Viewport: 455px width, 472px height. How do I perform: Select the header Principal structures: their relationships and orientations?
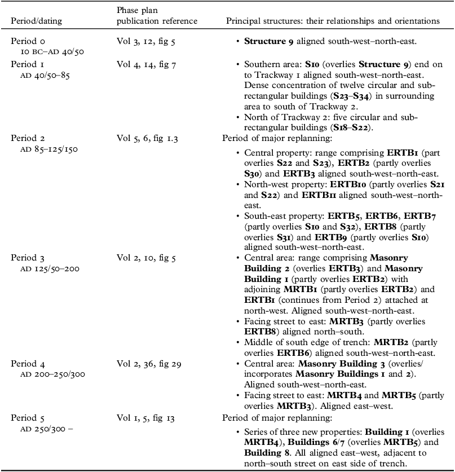[333, 21]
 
